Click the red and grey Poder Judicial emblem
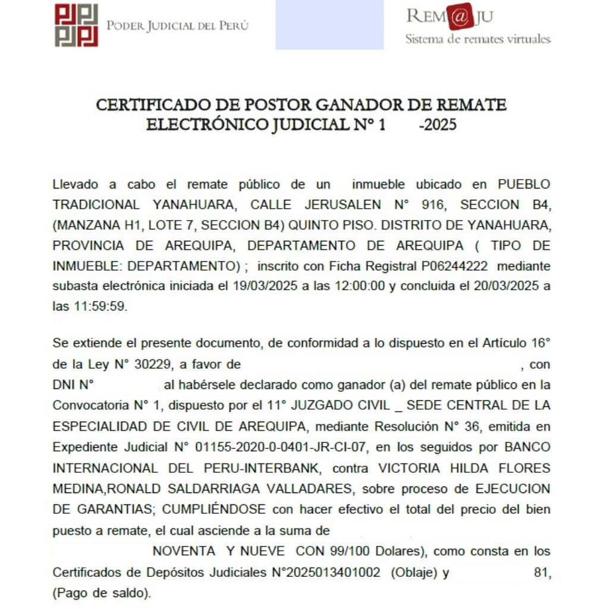click(x=76, y=25)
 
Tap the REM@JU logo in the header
click(x=450, y=17)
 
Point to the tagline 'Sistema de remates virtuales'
click(x=478, y=40)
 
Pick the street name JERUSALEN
click(x=343, y=205)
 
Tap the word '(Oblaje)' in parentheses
click(x=415, y=572)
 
